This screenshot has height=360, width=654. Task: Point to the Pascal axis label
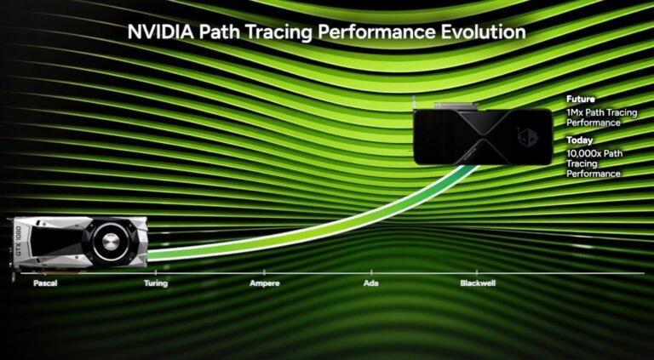(45, 283)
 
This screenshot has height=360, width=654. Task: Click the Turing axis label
(156, 283)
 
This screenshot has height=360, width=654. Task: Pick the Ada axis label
(371, 283)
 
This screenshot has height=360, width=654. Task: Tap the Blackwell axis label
(478, 283)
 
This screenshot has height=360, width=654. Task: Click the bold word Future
(581, 99)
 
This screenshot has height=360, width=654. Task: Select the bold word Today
(580, 140)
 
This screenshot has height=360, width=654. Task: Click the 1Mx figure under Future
(575, 111)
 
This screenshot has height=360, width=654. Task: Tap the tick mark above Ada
(371, 273)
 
